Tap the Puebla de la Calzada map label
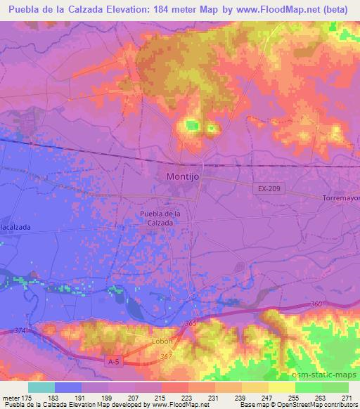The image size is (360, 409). pos(161,218)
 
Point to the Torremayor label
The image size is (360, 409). pos(340,199)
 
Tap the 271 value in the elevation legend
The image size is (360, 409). pos(345,397)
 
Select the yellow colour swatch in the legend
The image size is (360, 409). pos(281,387)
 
